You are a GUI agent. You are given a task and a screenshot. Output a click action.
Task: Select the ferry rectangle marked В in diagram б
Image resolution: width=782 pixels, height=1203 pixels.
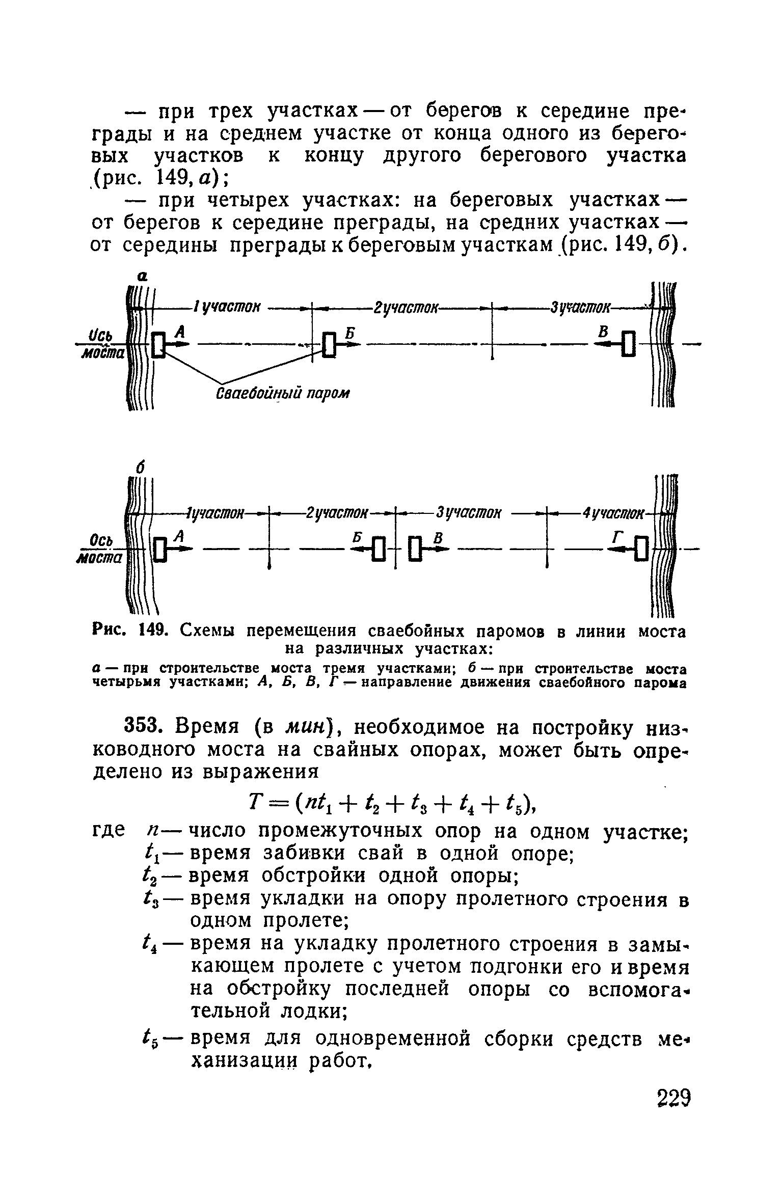pos(415,550)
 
